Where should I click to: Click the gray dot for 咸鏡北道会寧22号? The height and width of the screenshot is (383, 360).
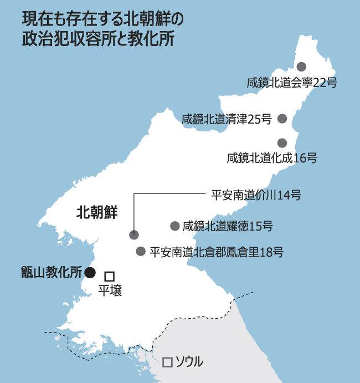pos(301,67)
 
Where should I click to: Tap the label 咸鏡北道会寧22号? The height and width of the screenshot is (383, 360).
pos(291,83)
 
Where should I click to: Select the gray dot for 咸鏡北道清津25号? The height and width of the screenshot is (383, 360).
pos(282,118)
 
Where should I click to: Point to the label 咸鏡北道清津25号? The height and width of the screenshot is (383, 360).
pos(226,118)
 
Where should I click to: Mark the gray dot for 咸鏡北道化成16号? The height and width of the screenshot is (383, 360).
pos(282,142)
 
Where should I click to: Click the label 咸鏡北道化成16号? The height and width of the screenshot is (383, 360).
pos(271,158)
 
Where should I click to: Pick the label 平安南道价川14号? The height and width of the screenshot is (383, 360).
pos(256,195)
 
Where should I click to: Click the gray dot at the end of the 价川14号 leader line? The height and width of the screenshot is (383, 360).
pos(133,234)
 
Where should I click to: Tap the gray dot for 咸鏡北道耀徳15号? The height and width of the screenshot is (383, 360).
pos(174,226)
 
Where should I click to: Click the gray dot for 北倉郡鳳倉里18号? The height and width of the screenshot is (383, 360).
pos(141,251)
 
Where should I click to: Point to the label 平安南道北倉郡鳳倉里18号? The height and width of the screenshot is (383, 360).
pos(217,252)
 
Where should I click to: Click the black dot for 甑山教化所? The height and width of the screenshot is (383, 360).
pos(90,272)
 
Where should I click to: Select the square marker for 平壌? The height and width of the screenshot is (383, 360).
pos(109,275)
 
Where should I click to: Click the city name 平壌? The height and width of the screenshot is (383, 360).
pos(110,289)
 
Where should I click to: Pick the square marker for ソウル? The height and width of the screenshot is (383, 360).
pos(167,362)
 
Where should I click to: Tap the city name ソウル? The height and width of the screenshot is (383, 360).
pos(189,362)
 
